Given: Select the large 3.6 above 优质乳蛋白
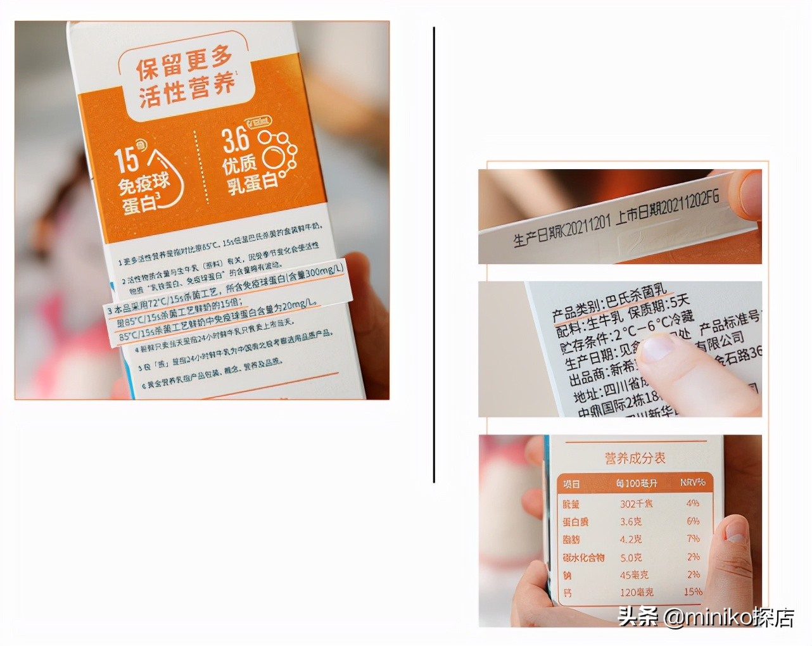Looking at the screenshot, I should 236,141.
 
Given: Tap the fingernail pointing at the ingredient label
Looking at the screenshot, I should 659,348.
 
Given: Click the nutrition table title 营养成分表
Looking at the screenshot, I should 635,458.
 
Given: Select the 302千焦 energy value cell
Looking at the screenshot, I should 637,504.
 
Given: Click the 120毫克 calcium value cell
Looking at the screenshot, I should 637,593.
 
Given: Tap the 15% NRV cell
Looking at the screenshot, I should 693,592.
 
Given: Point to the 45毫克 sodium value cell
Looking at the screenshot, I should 635,575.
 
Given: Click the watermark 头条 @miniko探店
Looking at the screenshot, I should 706,616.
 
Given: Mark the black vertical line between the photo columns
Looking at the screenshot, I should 434,253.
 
